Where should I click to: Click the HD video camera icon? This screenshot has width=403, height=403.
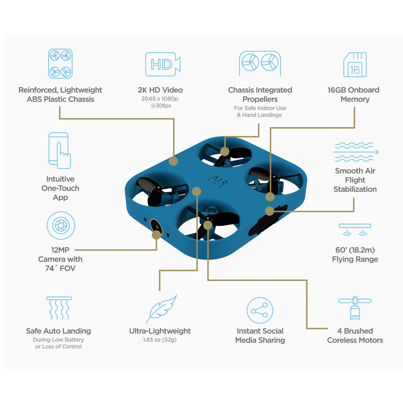(x=163, y=64)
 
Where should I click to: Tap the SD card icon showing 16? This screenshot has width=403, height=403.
(x=355, y=65)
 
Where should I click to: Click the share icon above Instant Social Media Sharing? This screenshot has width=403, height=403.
(x=260, y=310)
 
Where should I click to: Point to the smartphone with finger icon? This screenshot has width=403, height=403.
(x=60, y=150)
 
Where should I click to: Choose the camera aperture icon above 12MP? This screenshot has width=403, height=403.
(x=61, y=225)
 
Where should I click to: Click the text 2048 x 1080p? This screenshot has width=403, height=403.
(x=160, y=99)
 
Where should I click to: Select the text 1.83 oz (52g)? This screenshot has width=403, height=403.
(x=160, y=340)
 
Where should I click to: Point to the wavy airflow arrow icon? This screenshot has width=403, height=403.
(x=355, y=152)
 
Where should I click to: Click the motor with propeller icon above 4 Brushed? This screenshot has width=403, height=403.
(x=355, y=308)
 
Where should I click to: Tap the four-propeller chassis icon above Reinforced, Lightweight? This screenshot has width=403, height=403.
(x=60, y=64)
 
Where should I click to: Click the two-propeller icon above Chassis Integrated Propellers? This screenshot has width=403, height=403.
(x=260, y=63)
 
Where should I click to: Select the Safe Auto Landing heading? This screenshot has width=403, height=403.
(x=58, y=331)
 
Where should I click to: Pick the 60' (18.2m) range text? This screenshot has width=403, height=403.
(x=355, y=250)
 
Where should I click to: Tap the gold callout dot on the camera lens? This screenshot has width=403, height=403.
(x=156, y=235)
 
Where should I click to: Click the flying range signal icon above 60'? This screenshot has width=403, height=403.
(x=355, y=229)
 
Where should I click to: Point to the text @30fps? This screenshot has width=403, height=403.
(x=161, y=106)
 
